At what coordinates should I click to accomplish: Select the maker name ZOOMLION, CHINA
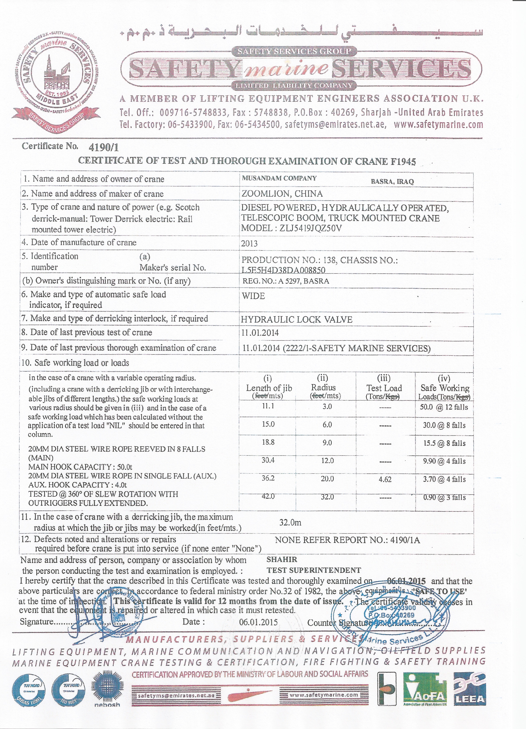[x=282, y=194]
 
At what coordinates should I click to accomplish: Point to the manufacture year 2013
[x=249, y=243]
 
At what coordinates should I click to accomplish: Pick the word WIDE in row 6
[x=253, y=296]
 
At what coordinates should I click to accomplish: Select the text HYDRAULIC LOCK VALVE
[x=297, y=319]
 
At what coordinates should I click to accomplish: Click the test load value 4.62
[x=385, y=479]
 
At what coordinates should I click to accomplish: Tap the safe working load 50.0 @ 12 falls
[x=444, y=407]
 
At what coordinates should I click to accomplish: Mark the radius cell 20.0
[x=327, y=479]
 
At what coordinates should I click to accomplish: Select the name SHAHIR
[x=282, y=559]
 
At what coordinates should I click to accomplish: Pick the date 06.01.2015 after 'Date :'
[x=258, y=622]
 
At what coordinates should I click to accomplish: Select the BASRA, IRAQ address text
[x=392, y=181]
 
